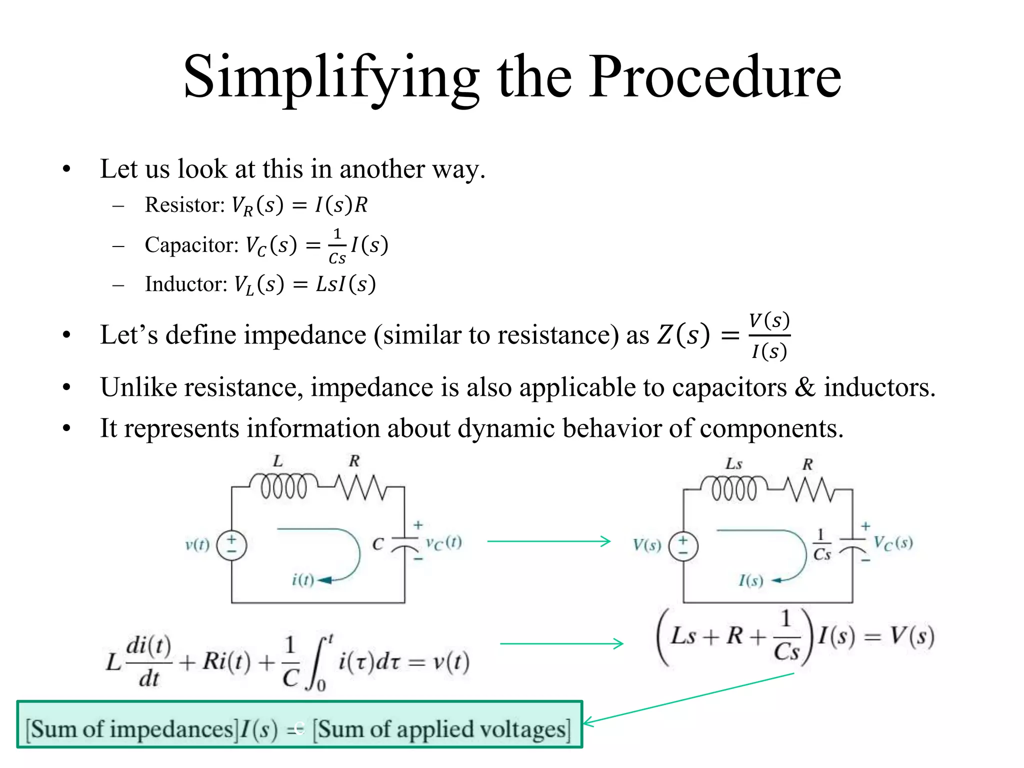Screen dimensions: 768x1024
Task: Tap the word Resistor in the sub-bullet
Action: point(184,204)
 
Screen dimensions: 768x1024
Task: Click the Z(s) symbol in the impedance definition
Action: point(683,335)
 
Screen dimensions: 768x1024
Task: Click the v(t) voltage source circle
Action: point(231,545)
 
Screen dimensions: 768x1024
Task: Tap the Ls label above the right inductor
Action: point(733,464)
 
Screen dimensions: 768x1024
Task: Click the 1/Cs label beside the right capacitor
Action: point(821,545)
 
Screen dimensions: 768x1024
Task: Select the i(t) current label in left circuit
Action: point(302,580)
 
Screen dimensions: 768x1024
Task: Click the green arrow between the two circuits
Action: point(548,541)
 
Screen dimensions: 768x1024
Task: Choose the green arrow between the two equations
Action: point(561,643)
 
